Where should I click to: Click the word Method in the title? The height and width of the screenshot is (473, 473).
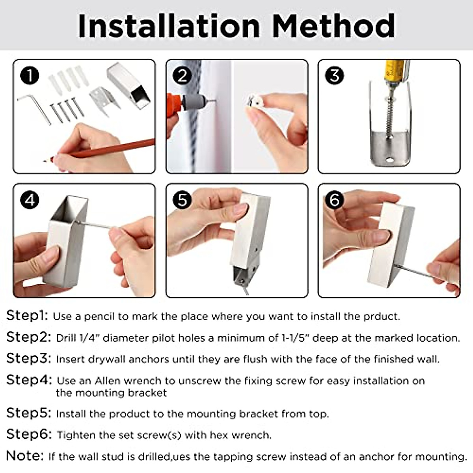click(333, 26)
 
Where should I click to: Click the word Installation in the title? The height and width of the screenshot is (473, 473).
click(169, 26)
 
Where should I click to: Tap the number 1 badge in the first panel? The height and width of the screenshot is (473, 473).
click(30, 76)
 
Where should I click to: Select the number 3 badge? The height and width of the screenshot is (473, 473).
click(335, 75)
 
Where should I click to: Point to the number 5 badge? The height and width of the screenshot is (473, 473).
click(182, 200)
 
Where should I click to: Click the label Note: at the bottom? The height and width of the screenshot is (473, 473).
click(25, 456)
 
